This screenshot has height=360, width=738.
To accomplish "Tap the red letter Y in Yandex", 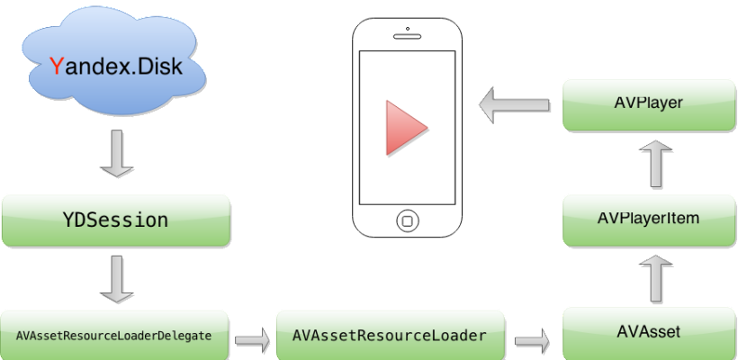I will (57, 66).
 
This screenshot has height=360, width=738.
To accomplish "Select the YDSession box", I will (116, 219).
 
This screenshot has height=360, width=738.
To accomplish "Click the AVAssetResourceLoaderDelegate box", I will (113, 336).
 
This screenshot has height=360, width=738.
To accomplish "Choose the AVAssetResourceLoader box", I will (390, 336).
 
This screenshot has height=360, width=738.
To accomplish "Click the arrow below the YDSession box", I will (116, 277).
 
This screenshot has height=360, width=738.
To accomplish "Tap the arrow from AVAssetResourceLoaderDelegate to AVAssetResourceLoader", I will (253, 340).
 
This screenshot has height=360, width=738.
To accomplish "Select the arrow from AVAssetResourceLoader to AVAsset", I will (533, 340).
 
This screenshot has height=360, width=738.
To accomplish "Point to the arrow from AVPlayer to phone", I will (514, 105).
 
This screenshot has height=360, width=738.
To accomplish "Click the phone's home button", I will (408, 220).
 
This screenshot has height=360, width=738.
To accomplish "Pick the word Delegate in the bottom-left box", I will (184, 336).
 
